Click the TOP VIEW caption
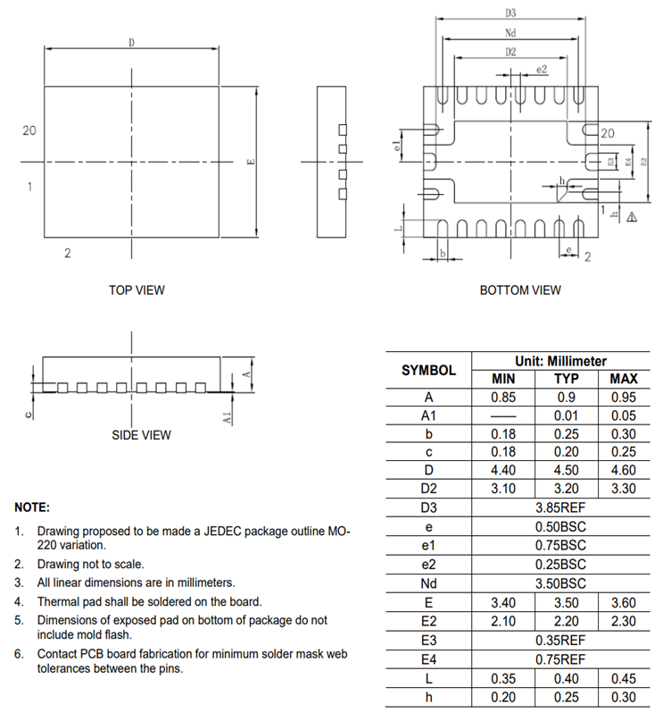pyautogui.click(x=137, y=290)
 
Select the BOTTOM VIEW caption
pyautogui.click(x=520, y=290)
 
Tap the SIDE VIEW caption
pyautogui.click(x=141, y=435)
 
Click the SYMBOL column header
pyautogui.click(x=428, y=370)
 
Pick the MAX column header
pyautogui.click(x=623, y=379)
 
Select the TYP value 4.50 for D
pyautogui.click(x=560, y=471)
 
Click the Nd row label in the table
pyautogui.click(x=428, y=583)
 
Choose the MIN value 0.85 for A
pyautogui.click(x=504, y=397)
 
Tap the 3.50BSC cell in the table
pyautogui.click(x=560, y=583)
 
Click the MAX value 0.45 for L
pyautogui.click(x=623, y=678)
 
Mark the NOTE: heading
pyautogui.click(x=32, y=507)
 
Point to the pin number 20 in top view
pyautogui.click(x=29, y=130)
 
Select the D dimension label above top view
pyautogui.click(x=132, y=42)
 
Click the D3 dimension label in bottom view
pyautogui.click(x=511, y=13)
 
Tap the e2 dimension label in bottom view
pyautogui.click(x=542, y=69)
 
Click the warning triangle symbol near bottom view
pyautogui.click(x=631, y=216)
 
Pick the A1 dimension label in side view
pyautogui.click(x=228, y=416)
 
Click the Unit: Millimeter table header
pyautogui.click(x=560, y=361)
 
